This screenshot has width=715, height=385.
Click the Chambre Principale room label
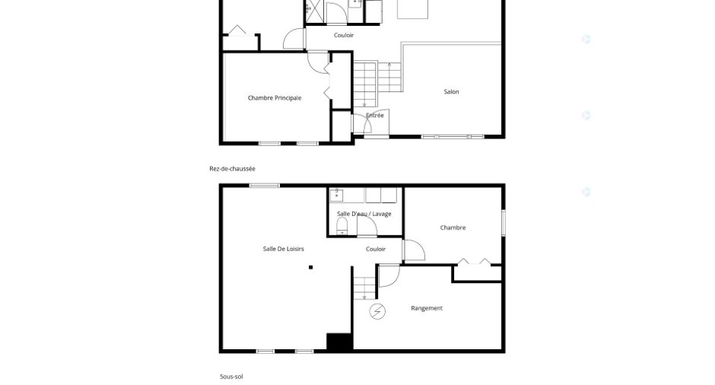click(x=275, y=97)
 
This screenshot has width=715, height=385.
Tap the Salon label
click(x=451, y=92)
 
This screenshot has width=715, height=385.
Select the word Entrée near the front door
click(x=375, y=116)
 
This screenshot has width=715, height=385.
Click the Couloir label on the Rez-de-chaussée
click(x=344, y=35)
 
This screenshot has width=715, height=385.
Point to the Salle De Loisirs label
click(x=283, y=249)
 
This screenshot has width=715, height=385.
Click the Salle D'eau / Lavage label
click(x=364, y=214)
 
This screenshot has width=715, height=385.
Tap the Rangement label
click(x=427, y=308)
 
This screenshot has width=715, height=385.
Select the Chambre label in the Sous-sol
click(x=453, y=228)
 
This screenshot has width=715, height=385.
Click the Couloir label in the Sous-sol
click(x=376, y=249)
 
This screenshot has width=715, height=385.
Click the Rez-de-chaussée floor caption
click(x=232, y=169)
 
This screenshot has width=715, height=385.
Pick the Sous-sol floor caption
click(x=231, y=377)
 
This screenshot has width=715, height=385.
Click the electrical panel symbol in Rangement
click(x=377, y=311)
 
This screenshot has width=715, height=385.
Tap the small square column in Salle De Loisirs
click(x=310, y=267)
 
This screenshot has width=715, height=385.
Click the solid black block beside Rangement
click(x=339, y=342)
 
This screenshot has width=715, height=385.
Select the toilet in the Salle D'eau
click(x=342, y=226)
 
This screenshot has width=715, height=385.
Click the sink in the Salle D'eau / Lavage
click(x=336, y=196)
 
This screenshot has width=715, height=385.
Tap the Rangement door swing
click(x=389, y=276)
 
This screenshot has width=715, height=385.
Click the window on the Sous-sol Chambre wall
click(x=504, y=223)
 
